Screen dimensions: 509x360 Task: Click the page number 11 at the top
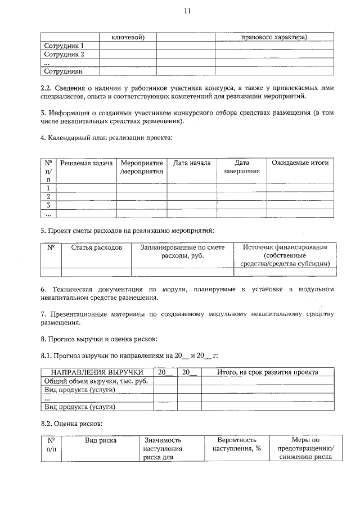187,10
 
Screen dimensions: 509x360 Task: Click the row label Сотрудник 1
64,46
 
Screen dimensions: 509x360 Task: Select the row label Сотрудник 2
64,55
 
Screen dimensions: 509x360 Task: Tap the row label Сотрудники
64,71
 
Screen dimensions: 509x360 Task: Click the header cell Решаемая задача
87,163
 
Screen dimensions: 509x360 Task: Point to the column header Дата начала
192,163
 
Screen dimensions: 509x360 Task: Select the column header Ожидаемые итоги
300,163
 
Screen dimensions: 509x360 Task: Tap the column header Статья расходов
96,247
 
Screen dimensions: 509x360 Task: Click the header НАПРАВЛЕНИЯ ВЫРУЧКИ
97,372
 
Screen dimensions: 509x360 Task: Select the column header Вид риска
101,440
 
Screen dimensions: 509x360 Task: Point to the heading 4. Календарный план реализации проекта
107,138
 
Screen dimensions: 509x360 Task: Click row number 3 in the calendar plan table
49,205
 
